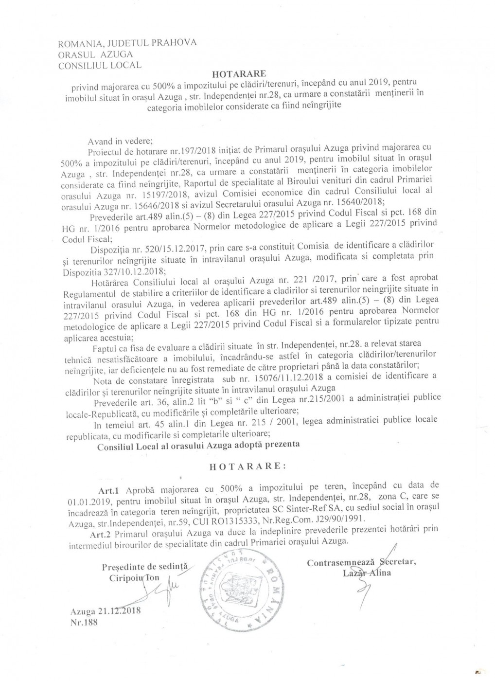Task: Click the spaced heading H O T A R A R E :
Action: pyautogui.click(x=247, y=466)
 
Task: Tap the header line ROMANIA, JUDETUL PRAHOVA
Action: pyautogui.click(x=127, y=43)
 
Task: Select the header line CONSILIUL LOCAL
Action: pyautogui.click(x=100, y=65)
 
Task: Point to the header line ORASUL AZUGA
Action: pyautogui.click(x=95, y=54)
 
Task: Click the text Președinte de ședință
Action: pyautogui.click(x=144, y=567)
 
